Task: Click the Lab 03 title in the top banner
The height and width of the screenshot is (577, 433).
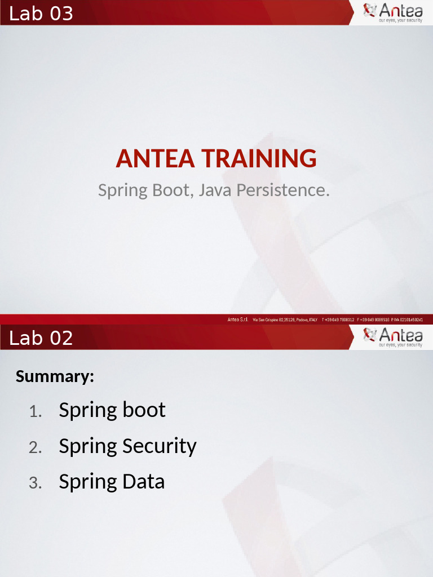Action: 41,14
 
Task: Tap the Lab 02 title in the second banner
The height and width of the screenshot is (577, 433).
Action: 41,338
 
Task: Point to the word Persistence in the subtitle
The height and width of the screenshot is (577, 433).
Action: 283,190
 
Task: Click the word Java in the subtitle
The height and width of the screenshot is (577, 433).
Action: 215,190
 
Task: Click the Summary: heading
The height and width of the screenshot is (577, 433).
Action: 55,376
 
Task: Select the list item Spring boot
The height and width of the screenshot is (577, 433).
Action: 112,410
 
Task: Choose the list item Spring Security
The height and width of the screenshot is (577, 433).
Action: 127,446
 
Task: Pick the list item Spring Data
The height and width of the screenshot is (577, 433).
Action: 112,482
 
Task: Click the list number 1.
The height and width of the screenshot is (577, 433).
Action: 36,412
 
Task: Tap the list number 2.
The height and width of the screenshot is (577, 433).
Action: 36,449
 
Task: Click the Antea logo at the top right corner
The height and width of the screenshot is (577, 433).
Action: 393,12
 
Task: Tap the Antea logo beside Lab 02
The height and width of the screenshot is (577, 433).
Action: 393,337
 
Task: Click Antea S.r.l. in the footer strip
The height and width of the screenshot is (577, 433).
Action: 238,319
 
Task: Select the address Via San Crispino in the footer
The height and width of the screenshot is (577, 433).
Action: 285,319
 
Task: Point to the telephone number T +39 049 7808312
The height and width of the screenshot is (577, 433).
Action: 338,319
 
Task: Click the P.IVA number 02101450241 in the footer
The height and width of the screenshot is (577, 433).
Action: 406,319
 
